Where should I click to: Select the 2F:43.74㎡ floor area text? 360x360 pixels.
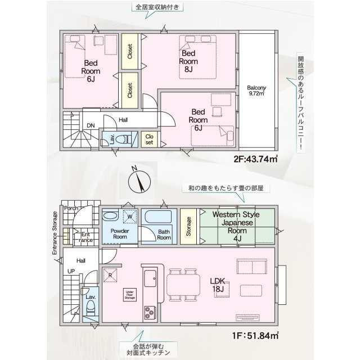pos(256,159)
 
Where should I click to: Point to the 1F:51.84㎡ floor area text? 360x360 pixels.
pos(257,336)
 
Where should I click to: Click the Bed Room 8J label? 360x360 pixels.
pos(188,62)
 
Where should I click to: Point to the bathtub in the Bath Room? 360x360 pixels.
pos(157,218)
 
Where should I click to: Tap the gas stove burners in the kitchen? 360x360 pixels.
pos(150,311)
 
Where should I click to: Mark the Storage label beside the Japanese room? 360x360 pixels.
pos(188,226)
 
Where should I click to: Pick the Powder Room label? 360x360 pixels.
pos(120,234)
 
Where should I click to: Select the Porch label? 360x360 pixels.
pos(71,208)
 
